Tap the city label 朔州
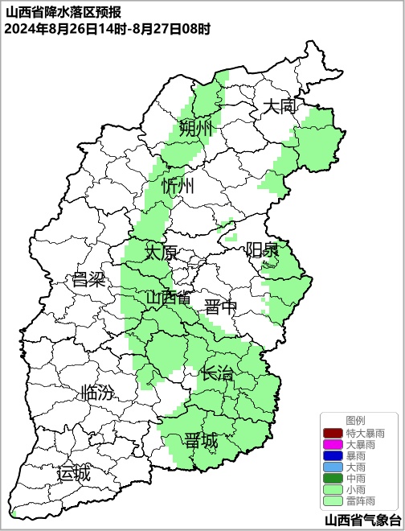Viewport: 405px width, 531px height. pyautogui.click(x=195, y=129)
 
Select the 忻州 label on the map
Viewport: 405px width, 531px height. pyautogui.click(x=178, y=186)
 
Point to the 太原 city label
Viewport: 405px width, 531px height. pyautogui.click(x=161, y=252)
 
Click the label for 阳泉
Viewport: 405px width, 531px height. pyautogui.click(x=262, y=249)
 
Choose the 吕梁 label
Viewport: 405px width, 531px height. pyautogui.click(x=88, y=280)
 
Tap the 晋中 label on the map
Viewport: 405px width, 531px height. pyautogui.click(x=220, y=307)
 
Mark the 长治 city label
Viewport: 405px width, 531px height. pyautogui.click(x=216, y=373)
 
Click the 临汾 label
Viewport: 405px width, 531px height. pyautogui.click(x=97, y=393)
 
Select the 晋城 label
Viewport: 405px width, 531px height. pyautogui.click(x=200, y=440)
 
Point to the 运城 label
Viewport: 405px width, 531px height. pyautogui.click(x=73, y=473)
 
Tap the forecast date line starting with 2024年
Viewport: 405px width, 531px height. pyautogui.click(x=107, y=29)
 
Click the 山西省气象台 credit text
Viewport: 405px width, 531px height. pyautogui.click(x=357, y=520)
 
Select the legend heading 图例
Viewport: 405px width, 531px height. pyautogui.click(x=355, y=421)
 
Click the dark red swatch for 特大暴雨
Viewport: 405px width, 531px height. pyautogui.click(x=333, y=433)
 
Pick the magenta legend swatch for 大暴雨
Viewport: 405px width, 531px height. pyautogui.click(x=333, y=444)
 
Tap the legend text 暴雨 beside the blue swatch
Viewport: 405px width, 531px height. pyautogui.click(x=355, y=455)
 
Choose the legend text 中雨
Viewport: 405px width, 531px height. pyautogui.click(x=355, y=478)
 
